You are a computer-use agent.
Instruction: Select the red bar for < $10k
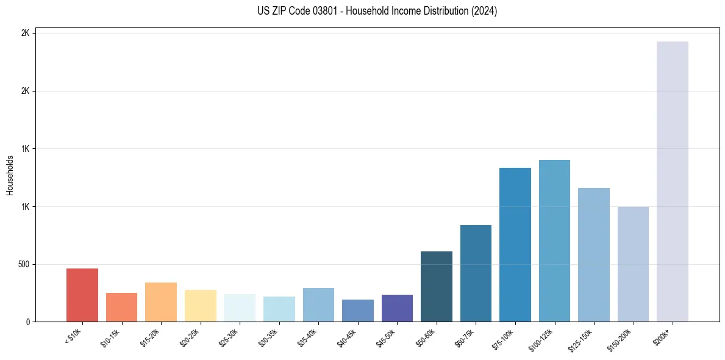(82, 295)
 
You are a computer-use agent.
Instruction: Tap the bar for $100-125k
(554, 241)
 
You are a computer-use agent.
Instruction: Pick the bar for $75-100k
(515, 245)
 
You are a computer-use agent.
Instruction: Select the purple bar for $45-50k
(397, 308)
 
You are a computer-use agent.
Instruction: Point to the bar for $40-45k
(358, 311)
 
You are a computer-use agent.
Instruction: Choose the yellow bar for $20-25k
(201, 306)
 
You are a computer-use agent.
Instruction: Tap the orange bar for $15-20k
(161, 302)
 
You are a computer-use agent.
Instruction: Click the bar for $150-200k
(633, 264)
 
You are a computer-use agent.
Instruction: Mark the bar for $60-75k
(476, 273)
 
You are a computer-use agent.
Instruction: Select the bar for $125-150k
(593, 255)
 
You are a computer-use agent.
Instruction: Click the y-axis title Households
(10, 175)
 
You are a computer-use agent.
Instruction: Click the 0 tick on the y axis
(27, 322)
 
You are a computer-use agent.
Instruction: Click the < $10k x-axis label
(73, 337)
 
